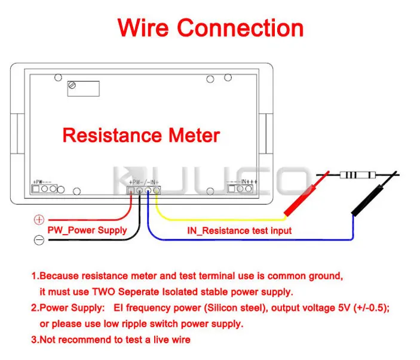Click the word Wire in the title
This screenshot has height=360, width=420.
143,27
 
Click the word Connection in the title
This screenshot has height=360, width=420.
240,28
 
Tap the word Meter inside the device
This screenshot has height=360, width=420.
194,135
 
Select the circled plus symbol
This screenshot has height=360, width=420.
39,220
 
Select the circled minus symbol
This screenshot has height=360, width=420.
39,240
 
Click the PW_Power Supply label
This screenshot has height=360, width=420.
87,230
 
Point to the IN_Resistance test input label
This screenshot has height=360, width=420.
239,230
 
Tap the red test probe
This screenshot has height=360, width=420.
306,193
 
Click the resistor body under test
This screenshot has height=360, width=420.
358,175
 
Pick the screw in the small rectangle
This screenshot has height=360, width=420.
72,85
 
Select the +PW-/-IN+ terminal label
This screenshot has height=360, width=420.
144,182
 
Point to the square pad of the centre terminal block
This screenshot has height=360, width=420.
131,190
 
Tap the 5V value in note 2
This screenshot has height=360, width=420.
344,308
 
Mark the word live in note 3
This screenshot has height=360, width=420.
161,340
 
